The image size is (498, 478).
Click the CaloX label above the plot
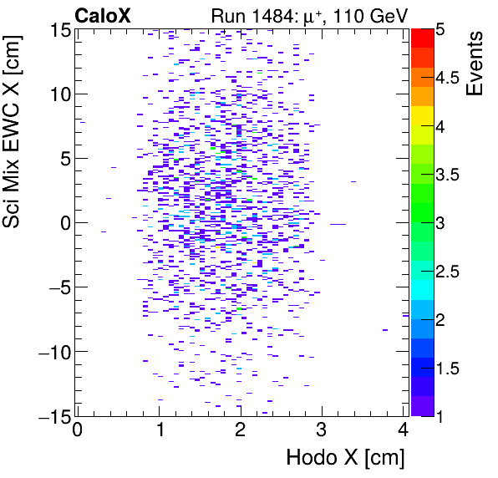click(x=102, y=14)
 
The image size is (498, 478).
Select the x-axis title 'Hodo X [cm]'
click(x=345, y=457)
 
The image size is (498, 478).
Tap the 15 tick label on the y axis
click(x=58, y=29)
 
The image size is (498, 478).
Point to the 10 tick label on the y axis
click(x=58, y=94)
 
